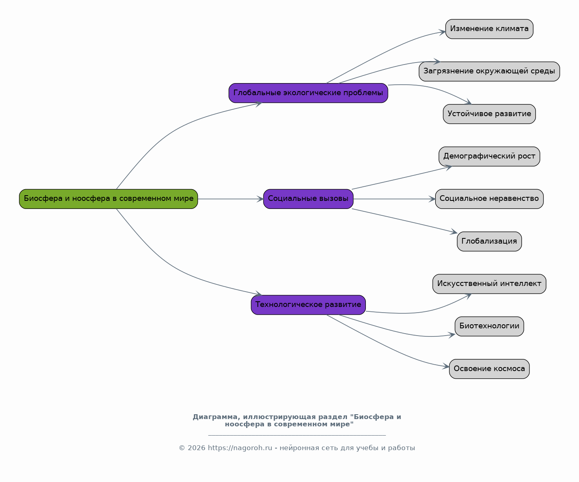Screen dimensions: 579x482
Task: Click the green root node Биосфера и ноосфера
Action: [108, 199]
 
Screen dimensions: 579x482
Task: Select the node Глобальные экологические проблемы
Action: [308, 93]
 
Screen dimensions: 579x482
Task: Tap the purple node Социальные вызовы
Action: [308, 199]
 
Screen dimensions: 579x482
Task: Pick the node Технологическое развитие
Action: [308, 305]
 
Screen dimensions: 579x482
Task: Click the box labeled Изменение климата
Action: [489, 29]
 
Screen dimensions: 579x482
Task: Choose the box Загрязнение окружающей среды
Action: [489, 71]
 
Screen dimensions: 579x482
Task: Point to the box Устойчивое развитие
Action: [489, 114]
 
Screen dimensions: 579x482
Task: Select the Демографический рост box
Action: [489, 156]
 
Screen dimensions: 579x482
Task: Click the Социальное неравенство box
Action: [489, 199]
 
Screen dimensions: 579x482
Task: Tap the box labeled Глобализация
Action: [489, 241]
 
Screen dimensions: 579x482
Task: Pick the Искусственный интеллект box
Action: [489, 284]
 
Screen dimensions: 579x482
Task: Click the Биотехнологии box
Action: [489, 326]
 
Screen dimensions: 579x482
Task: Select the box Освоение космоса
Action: [489, 369]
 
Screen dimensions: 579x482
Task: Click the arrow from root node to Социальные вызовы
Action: [230, 199]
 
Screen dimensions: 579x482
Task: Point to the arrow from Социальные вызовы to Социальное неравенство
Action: [394, 199]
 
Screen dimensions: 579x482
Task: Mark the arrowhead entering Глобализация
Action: [454, 232]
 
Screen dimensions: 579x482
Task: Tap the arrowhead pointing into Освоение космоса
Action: [446, 367]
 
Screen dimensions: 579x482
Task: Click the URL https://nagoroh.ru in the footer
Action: [240, 448]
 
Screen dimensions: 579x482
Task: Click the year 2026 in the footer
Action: [196, 448]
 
